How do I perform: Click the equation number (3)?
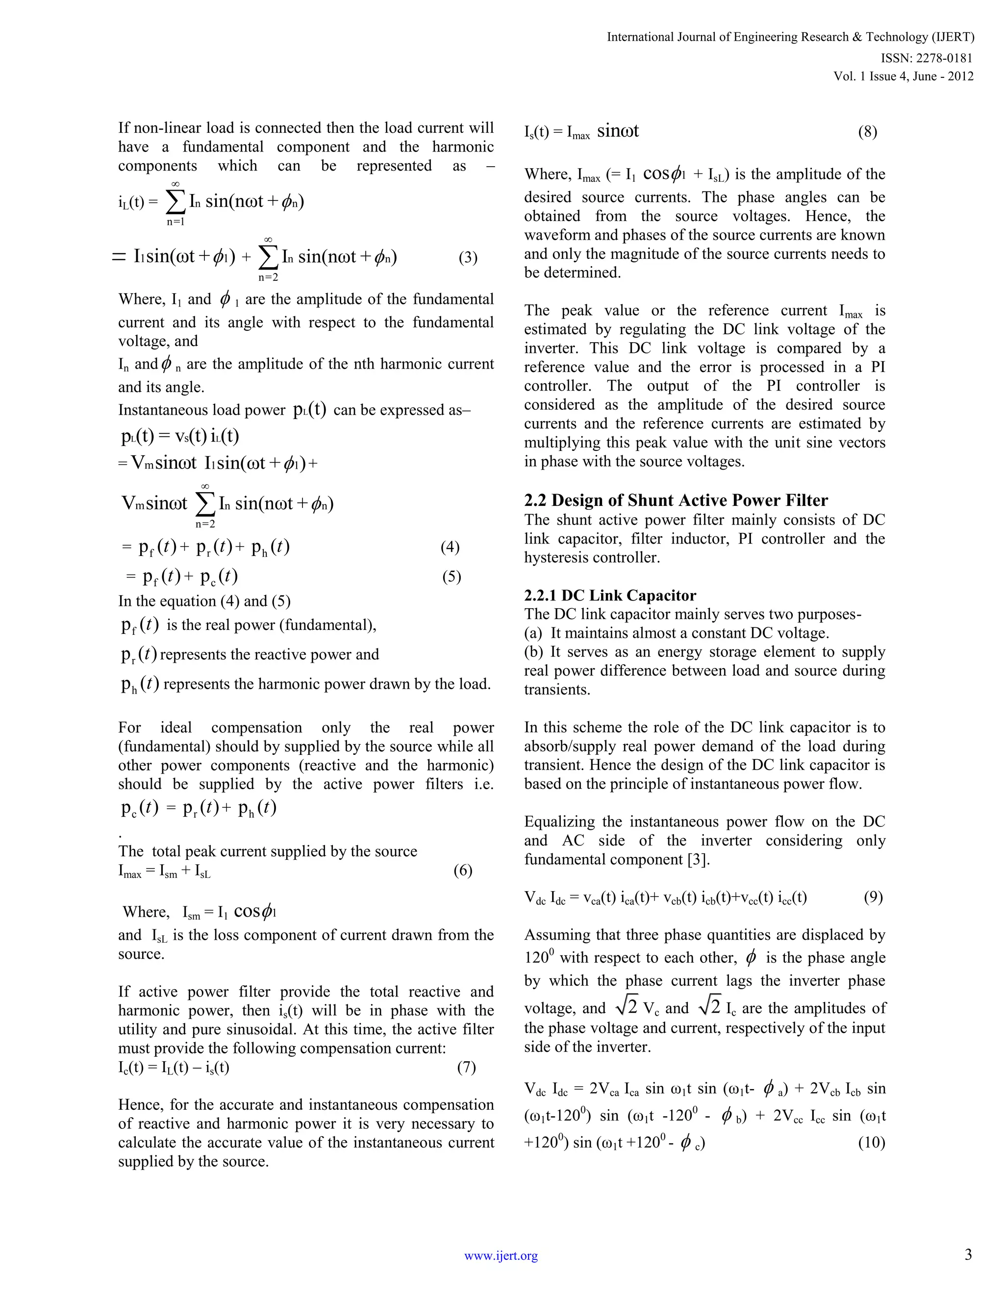pos(468,258)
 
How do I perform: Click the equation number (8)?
pos(867,132)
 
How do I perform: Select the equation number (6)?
pos(462,872)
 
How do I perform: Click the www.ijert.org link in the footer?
pos(501,1255)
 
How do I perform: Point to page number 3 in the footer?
pos(968,1254)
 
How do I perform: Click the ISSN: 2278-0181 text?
pos(927,58)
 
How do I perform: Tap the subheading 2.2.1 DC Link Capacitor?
pos(610,596)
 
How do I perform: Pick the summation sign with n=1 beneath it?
pos(175,202)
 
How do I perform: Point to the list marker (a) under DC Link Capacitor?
pos(533,633)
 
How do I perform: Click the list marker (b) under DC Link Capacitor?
pos(533,652)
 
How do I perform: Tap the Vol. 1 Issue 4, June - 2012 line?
pos(904,76)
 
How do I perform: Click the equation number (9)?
pos(873,898)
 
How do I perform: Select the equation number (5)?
pos(452,577)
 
